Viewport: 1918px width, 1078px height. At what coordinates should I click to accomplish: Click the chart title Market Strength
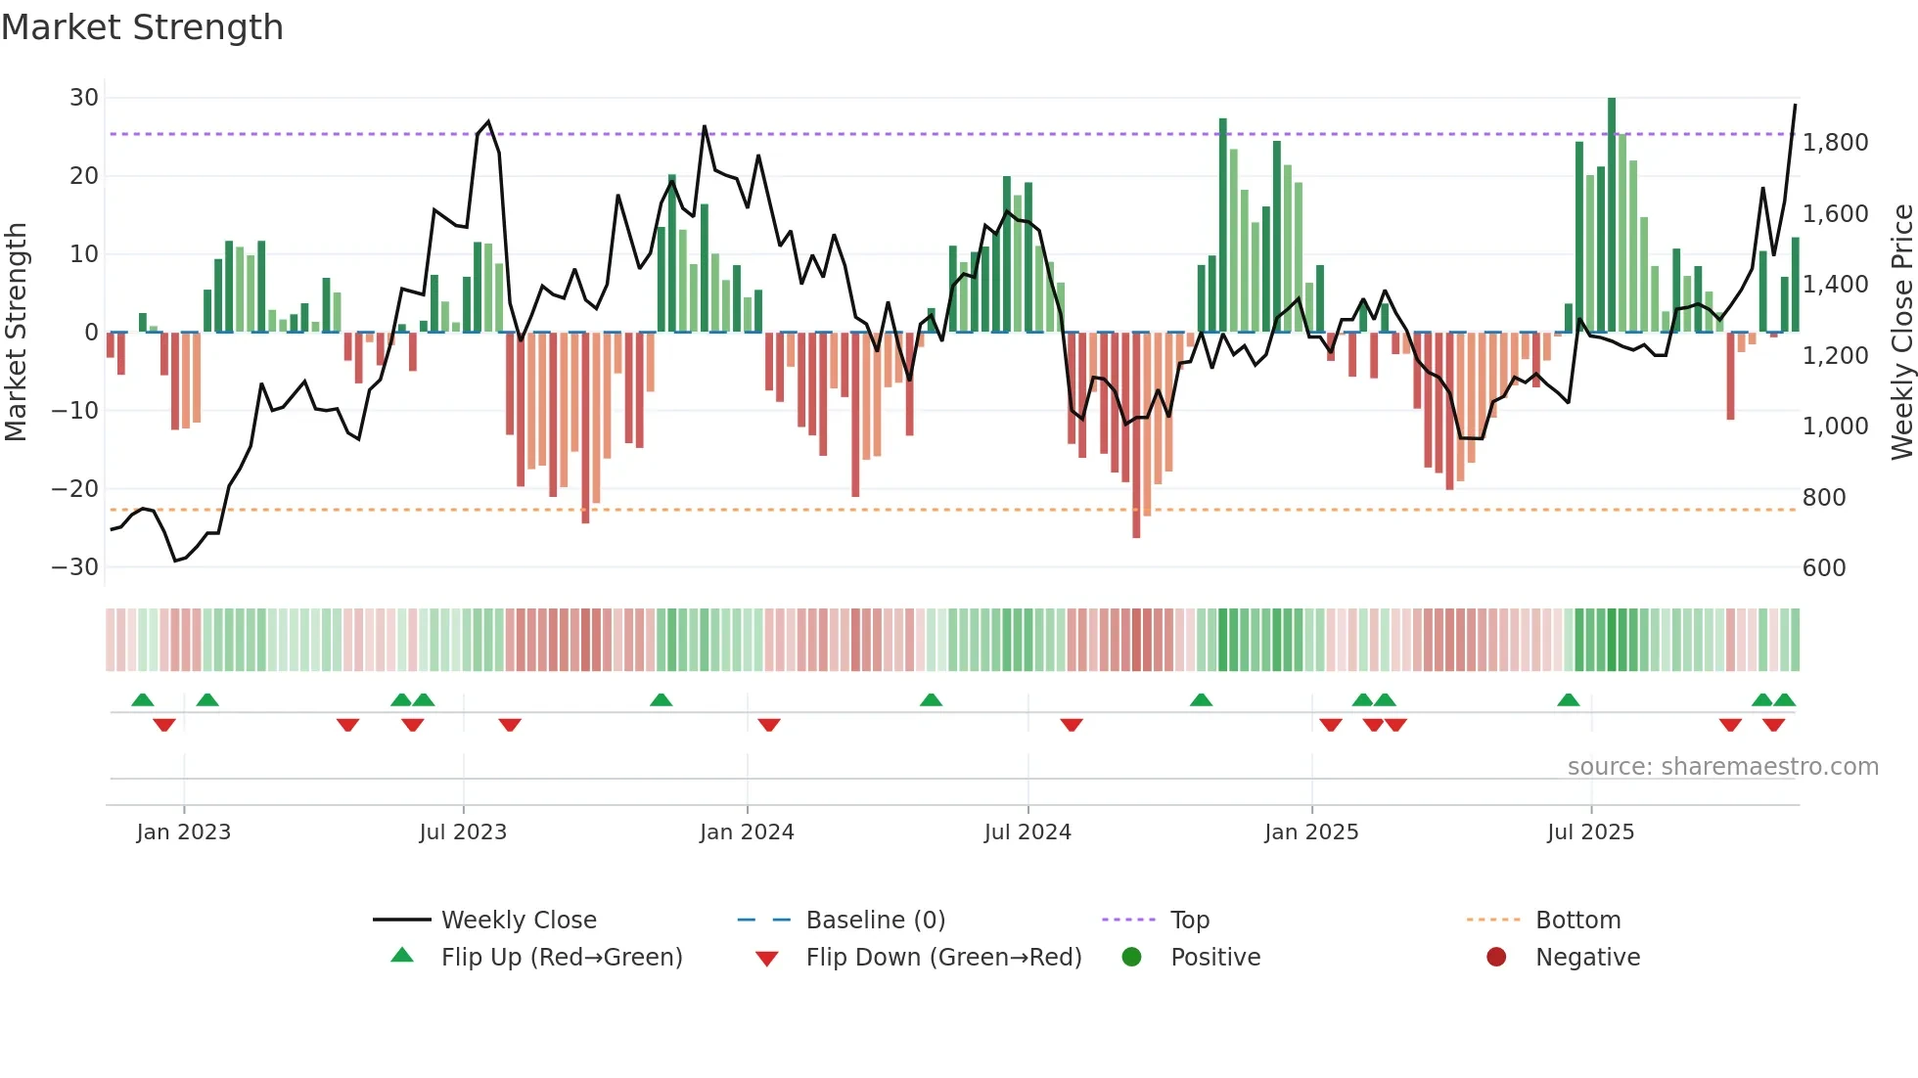142,27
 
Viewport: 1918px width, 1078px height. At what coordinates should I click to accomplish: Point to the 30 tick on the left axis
84,98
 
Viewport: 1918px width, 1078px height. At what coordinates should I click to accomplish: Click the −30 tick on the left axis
75,567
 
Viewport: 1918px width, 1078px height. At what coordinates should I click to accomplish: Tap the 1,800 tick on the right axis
1835,143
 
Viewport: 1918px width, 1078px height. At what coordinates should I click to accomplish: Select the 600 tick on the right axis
1823,568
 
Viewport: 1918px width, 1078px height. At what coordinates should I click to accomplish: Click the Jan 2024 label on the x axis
747,832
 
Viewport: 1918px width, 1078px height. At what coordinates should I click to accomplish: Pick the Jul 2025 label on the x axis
1590,832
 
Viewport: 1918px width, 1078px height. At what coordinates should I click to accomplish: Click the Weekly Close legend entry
518,921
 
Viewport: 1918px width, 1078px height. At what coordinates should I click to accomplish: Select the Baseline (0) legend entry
875,921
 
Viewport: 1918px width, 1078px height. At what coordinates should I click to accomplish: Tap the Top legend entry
1189,921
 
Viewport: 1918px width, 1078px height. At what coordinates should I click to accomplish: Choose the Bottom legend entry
1577,921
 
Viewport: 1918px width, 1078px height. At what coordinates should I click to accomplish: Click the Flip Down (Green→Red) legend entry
943,958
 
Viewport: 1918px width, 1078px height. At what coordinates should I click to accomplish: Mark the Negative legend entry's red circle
1496,958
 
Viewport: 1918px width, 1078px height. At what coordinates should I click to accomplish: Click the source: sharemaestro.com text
1722,767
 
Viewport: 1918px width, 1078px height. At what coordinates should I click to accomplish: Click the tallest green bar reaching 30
1612,215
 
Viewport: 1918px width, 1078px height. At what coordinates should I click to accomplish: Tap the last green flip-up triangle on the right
1784,700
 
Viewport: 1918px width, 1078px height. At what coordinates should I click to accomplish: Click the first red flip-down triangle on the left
164,725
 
